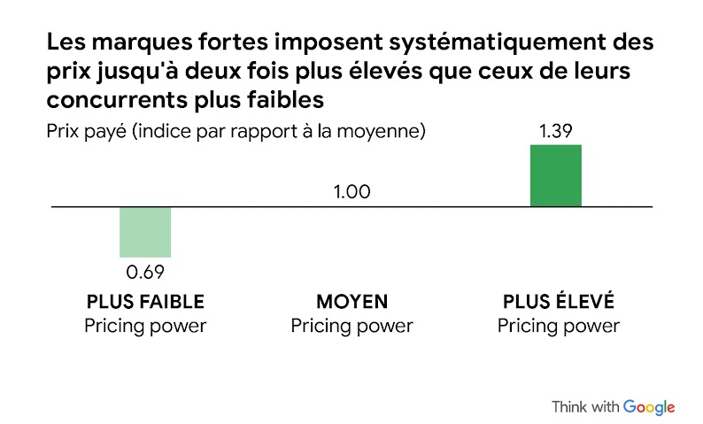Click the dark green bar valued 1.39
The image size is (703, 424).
click(x=555, y=175)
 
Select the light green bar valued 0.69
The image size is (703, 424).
click(x=145, y=232)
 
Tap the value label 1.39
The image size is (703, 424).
click(x=556, y=132)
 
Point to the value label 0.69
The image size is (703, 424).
click(x=146, y=270)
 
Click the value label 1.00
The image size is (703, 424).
click(x=351, y=192)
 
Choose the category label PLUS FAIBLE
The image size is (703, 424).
click(x=145, y=302)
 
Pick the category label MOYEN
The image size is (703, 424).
click(x=351, y=302)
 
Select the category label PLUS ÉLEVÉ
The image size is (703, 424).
click(x=558, y=302)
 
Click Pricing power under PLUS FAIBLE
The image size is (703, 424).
click(x=145, y=326)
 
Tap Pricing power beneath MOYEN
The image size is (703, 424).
click(x=351, y=326)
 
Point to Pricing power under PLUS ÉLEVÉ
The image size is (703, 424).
click(x=558, y=326)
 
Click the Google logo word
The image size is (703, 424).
click(x=649, y=407)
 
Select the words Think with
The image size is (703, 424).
click(x=584, y=407)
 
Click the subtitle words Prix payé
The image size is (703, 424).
click(x=84, y=133)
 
